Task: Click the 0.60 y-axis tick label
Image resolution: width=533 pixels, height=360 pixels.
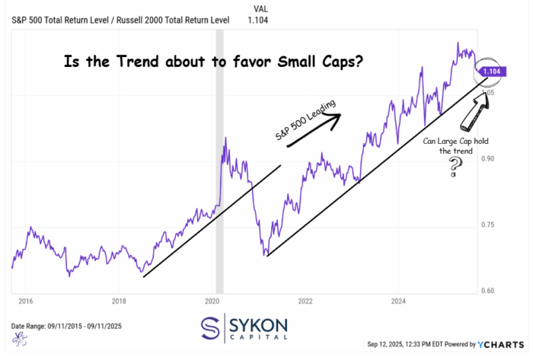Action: pyautogui.click(x=488, y=291)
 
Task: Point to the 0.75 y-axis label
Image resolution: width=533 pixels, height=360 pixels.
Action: pyautogui.click(x=488, y=225)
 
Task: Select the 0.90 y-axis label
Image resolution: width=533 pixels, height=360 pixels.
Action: pyautogui.click(x=488, y=158)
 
